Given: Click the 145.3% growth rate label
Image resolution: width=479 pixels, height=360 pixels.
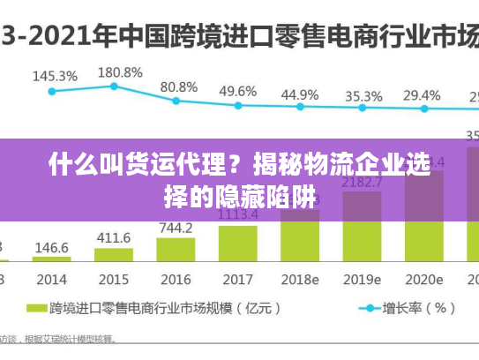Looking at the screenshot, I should [55, 76].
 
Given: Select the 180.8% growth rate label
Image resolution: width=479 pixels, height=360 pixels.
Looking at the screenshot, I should [120, 71].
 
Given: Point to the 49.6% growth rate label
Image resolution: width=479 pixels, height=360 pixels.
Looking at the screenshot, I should [237, 91].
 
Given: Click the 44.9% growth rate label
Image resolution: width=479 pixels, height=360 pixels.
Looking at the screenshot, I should [300, 94].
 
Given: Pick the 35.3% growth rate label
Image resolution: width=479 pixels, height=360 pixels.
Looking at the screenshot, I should [363, 95].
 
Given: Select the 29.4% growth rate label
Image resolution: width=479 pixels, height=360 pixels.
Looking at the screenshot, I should [422, 94].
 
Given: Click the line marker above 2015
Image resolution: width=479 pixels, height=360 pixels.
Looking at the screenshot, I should [114, 86].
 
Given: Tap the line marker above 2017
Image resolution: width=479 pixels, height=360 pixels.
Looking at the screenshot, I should [238, 106].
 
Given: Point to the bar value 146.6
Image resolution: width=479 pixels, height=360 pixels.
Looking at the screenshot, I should [51, 248].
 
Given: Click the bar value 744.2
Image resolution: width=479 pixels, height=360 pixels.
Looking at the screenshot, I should [176, 228].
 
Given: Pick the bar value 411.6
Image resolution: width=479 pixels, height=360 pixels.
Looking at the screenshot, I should [114, 238].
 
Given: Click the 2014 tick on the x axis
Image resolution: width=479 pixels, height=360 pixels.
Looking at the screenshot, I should [51, 279].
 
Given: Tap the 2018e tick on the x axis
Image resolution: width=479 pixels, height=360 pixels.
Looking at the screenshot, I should [300, 279].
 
